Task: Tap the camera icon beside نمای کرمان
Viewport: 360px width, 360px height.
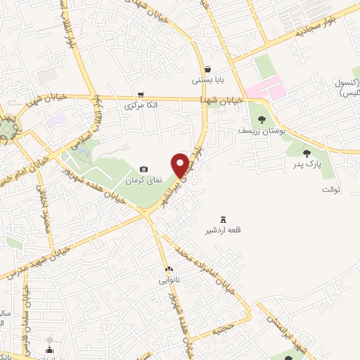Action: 144,169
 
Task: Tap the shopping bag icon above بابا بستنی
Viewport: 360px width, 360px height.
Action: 209,69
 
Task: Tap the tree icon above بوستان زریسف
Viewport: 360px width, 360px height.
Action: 262,120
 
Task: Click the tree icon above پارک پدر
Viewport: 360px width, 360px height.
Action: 307,153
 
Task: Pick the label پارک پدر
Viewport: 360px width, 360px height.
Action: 307,165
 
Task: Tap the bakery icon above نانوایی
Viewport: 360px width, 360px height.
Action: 169,269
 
